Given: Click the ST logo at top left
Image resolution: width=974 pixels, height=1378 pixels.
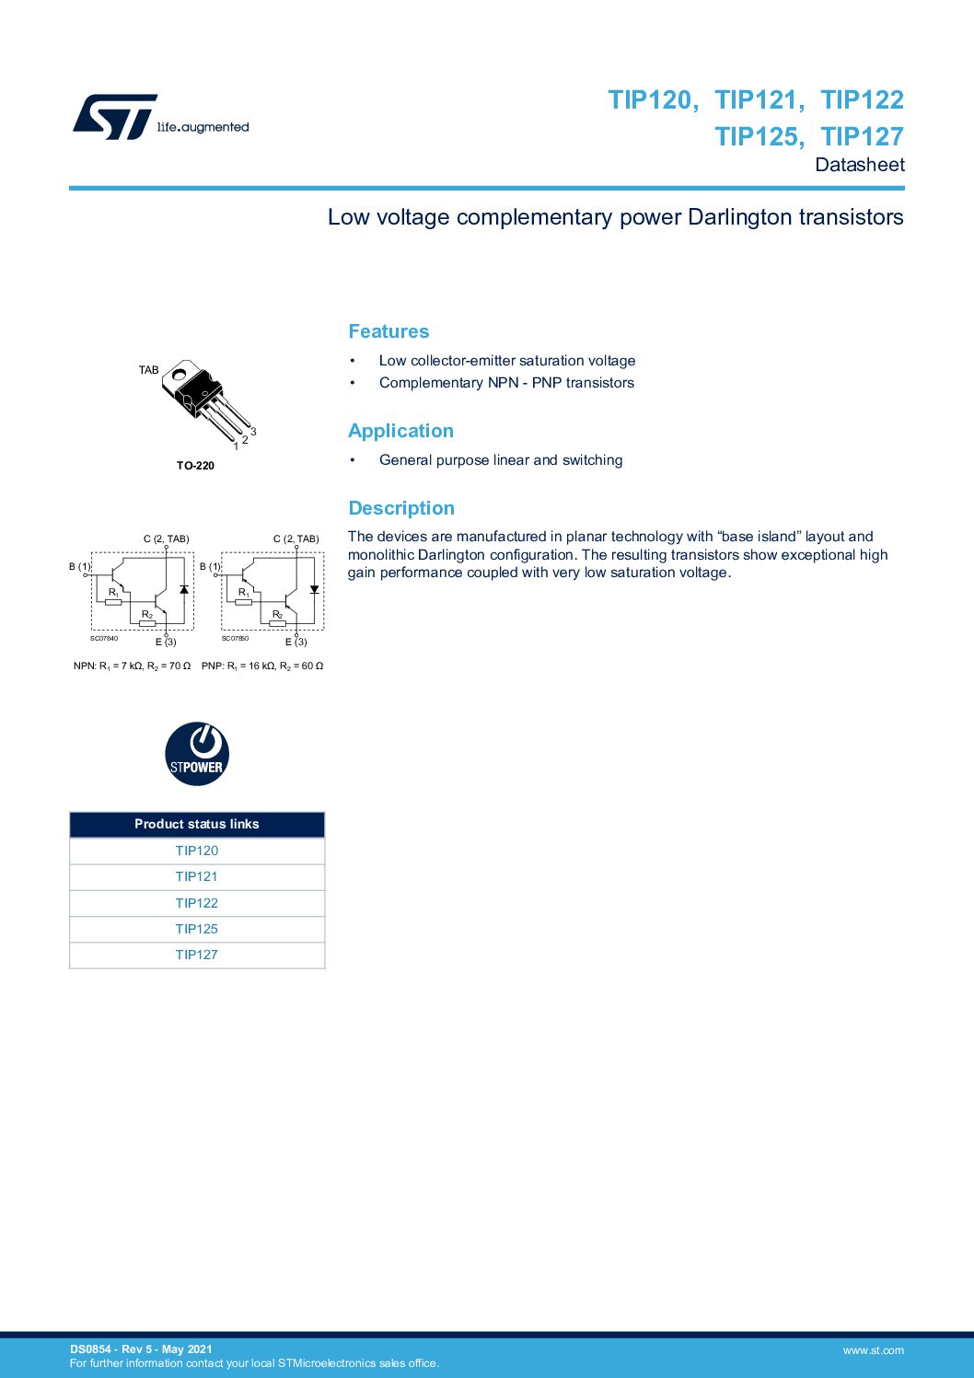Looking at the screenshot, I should click(115, 117).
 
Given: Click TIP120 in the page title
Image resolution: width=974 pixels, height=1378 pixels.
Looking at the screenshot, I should click(651, 99).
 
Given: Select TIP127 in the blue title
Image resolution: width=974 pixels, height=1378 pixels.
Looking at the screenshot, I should click(862, 136).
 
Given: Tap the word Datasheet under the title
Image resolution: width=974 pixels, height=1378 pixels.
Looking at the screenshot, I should click(859, 165).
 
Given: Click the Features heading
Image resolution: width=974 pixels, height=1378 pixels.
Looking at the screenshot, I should click(388, 331).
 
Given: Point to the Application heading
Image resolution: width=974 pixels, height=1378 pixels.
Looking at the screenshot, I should click(400, 431).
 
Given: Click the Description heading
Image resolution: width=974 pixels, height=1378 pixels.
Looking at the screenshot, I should click(401, 508).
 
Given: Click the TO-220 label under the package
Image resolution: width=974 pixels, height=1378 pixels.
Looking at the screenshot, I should click(195, 466).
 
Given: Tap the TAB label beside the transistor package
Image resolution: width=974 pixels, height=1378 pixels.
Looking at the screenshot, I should click(148, 370).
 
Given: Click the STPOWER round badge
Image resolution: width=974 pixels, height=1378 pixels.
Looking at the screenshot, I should click(197, 754).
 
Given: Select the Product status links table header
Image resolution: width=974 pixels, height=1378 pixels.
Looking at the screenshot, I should click(197, 824).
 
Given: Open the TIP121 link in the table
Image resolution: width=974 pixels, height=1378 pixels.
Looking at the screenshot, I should click(197, 876).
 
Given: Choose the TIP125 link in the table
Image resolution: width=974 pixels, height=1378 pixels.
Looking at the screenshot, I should click(197, 929).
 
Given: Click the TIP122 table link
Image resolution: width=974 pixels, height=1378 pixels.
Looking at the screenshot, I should click(197, 903).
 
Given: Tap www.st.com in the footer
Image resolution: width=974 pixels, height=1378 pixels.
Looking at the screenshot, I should click(873, 1350).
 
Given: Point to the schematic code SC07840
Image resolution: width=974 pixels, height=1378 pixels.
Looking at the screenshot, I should click(104, 638).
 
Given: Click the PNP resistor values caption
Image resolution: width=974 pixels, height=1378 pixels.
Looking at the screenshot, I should click(262, 666).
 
